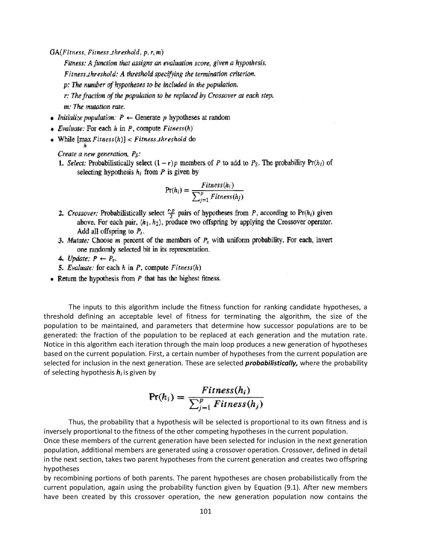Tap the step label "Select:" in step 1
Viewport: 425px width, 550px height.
[77, 163]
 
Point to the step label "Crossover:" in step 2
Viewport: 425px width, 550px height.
[83, 213]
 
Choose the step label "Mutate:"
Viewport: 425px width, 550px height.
[78, 240]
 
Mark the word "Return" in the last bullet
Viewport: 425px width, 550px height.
[68, 278]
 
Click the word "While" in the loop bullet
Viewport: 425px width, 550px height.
[66, 139]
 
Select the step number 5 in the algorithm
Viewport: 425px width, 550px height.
[60, 268]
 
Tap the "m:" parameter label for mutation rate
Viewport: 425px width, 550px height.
[67, 107]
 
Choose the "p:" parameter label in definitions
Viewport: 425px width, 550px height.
[66, 85]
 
